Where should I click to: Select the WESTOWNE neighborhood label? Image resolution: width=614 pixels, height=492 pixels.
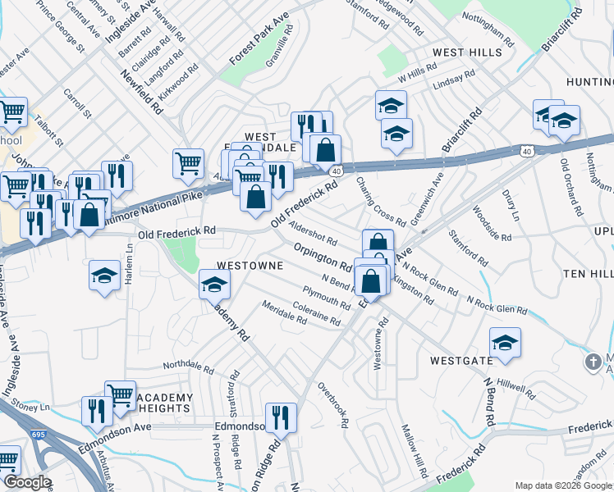[250, 266]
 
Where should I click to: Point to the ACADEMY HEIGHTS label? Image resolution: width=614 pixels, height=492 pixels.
[164, 403]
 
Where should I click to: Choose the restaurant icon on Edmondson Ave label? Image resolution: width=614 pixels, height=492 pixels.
[281, 417]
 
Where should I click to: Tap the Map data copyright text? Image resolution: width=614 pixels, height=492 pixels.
[563, 485]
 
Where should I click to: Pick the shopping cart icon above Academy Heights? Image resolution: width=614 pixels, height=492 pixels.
[121, 395]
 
